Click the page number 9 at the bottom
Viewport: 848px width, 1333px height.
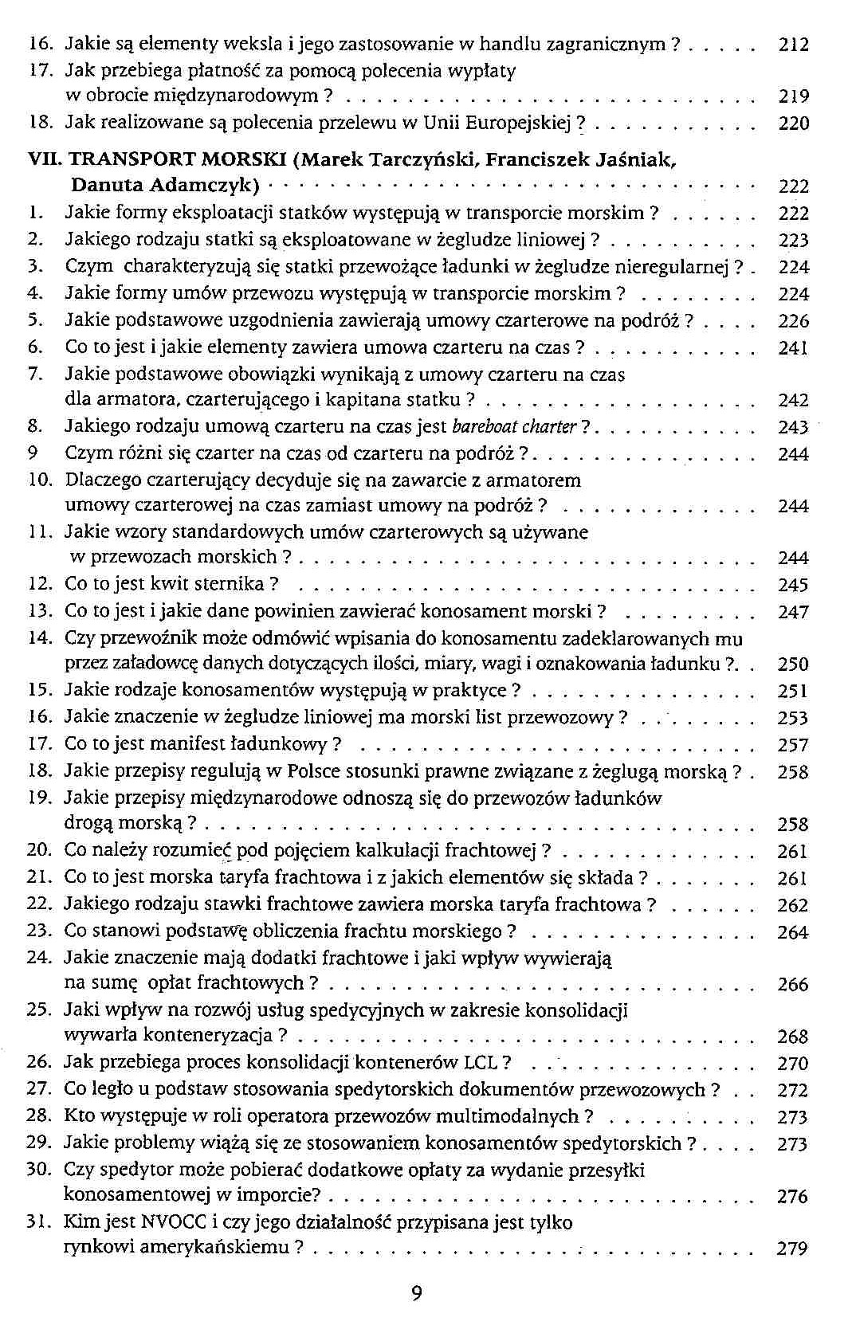coord(416,1293)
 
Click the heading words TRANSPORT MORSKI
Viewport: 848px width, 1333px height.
coord(179,160)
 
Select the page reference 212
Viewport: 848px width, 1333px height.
coord(793,45)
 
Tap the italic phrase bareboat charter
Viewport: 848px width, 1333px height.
coord(514,427)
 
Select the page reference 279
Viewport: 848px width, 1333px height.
coord(792,1249)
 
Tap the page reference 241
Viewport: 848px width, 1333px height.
coord(793,347)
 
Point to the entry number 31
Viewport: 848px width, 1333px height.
coord(39,1221)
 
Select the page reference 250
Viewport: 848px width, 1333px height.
coord(793,664)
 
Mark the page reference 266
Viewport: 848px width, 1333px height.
coord(792,985)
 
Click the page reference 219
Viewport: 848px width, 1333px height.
coord(793,97)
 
